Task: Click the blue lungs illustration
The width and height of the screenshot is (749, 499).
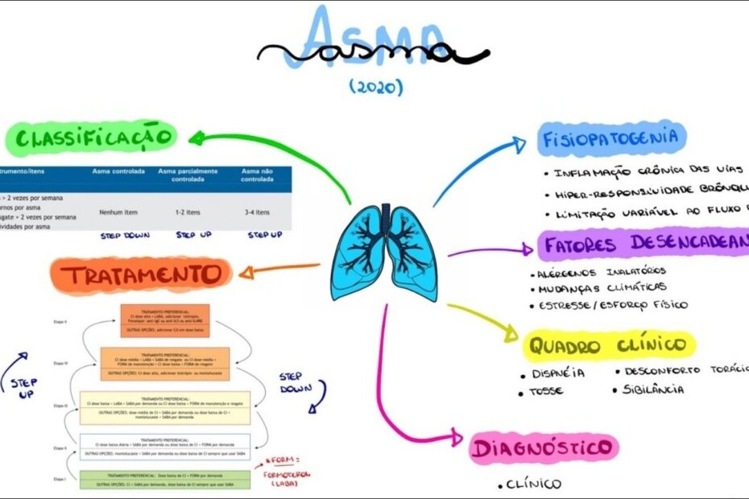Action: (384, 253)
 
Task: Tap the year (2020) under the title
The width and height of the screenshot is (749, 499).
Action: (376, 87)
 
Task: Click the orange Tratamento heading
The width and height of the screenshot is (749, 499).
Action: (143, 274)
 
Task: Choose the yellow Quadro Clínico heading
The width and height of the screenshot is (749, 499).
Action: (609, 346)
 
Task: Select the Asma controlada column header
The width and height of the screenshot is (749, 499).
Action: (118, 171)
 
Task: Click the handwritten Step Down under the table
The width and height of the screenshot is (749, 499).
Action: (125, 236)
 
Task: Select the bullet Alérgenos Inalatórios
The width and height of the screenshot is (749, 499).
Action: (601, 273)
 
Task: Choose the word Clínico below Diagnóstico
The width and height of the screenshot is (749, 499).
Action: (533, 485)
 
